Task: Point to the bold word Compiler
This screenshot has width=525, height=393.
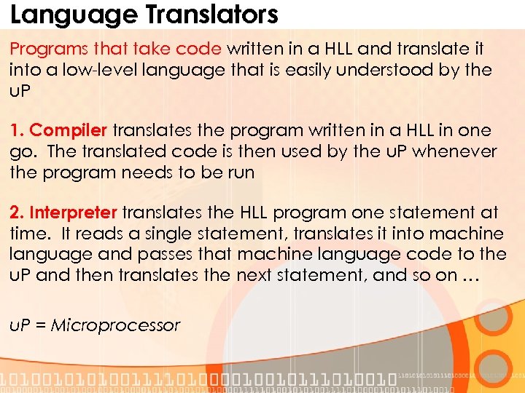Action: (x=69, y=131)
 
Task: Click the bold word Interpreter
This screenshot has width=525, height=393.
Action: (x=74, y=213)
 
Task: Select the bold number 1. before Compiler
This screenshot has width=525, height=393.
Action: (x=17, y=131)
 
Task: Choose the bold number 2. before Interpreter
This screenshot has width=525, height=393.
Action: (x=17, y=213)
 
